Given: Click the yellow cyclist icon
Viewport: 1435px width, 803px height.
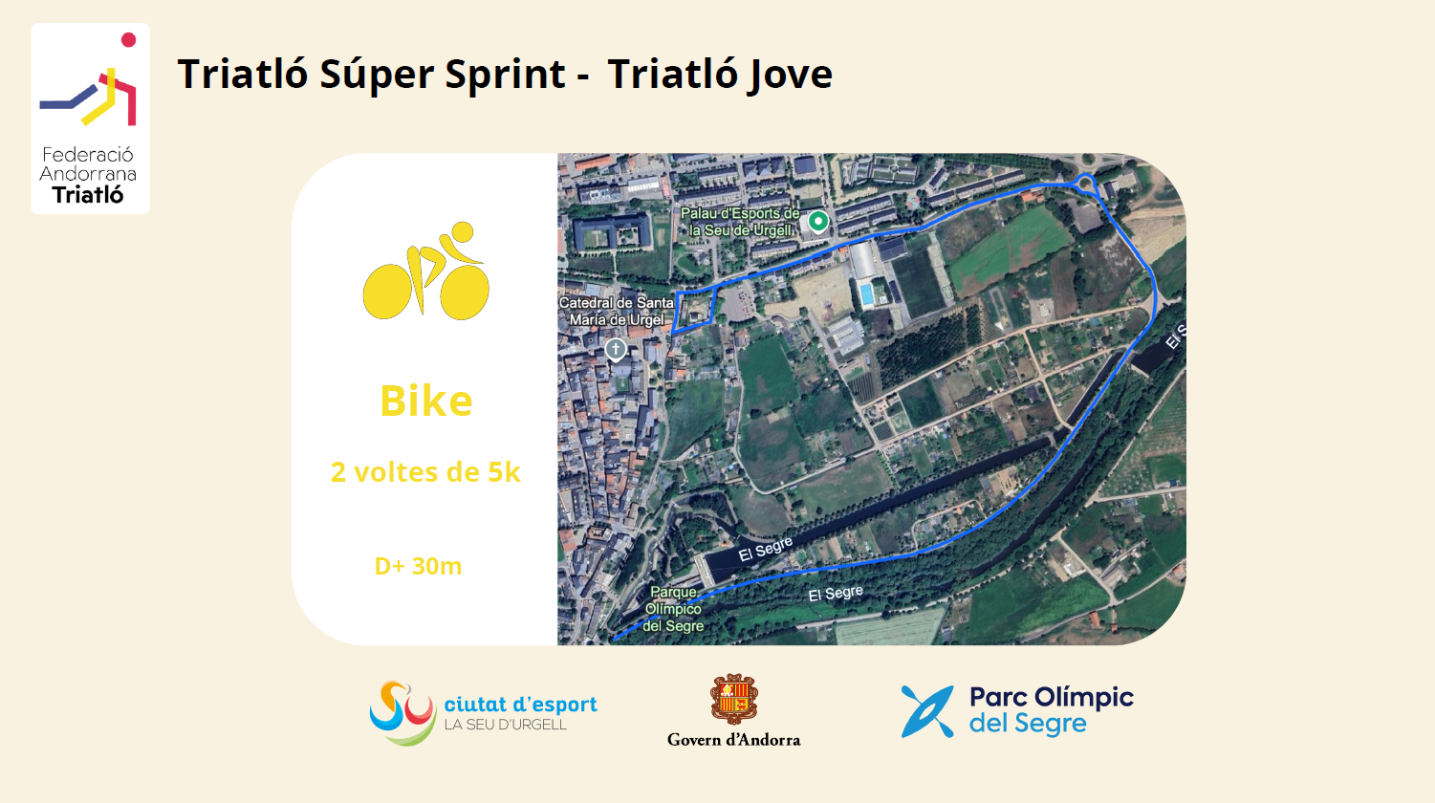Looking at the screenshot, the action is click(x=426, y=271).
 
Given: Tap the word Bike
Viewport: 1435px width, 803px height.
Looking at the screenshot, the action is click(x=426, y=401).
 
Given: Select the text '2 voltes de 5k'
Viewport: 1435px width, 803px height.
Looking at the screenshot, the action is click(x=425, y=472).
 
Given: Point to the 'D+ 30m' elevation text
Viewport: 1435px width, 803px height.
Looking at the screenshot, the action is click(x=419, y=566).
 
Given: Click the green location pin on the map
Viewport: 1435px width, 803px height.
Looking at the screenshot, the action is click(x=818, y=222).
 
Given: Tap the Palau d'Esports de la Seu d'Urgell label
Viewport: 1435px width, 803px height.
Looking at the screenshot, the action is click(x=740, y=222).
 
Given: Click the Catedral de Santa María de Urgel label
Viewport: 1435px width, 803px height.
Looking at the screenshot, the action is click(x=617, y=312).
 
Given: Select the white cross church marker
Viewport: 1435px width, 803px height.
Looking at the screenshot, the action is click(x=616, y=350).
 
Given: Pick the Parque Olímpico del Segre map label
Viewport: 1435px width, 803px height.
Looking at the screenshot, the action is click(x=673, y=609).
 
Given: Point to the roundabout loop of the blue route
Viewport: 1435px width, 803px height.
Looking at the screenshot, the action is click(x=1084, y=183).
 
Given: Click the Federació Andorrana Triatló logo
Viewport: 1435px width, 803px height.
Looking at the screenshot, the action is click(x=90, y=119).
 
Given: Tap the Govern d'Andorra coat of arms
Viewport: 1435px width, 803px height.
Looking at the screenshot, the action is click(x=734, y=699).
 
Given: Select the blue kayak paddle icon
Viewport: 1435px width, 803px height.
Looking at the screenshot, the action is click(x=927, y=711).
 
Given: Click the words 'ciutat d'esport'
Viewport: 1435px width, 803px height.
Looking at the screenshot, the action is click(x=521, y=704).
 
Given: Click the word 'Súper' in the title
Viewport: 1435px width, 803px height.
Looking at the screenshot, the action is click(x=378, y=75).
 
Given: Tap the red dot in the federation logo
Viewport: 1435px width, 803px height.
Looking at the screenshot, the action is click(x=129, y=40).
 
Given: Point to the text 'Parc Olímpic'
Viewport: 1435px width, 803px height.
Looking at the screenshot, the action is click(x=1052, y=698).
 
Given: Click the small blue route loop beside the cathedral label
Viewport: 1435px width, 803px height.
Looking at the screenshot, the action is click(x=694, y=310).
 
